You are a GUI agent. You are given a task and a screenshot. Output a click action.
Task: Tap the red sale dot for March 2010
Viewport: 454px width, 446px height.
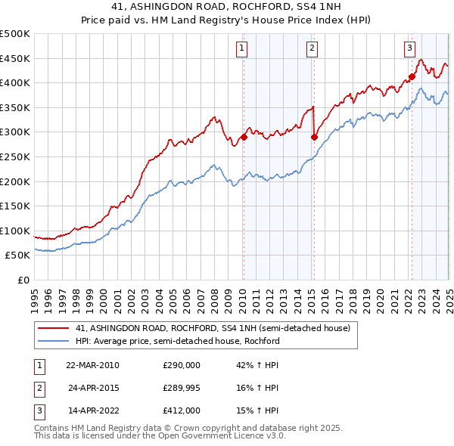pos(244,137)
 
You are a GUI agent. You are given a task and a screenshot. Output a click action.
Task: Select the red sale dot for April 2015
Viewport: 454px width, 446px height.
pos(314,137)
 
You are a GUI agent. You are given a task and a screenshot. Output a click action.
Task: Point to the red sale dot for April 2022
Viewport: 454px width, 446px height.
pos(412,76)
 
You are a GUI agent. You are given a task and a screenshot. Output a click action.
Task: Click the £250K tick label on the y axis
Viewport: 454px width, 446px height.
pos(15,156)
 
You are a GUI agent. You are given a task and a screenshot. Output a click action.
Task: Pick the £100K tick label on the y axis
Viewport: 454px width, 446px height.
pos(15,231)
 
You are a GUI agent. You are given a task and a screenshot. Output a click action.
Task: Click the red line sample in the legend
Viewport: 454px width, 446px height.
pos(52,329)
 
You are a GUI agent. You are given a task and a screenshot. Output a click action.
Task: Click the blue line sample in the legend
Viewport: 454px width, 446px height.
pos(52,341)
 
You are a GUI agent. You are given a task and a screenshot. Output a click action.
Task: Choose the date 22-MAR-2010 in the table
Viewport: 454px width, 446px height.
pos(93,366)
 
